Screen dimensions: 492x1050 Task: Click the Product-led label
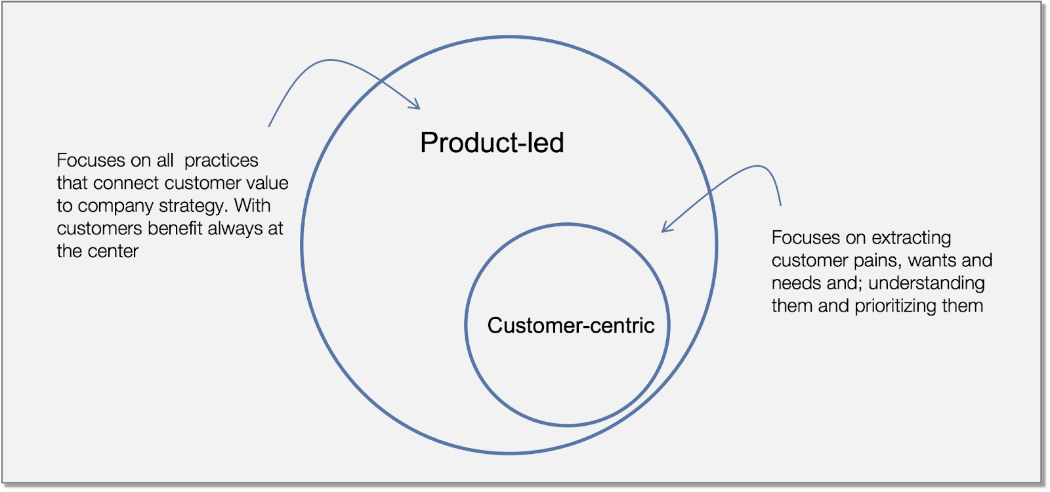[x=492, y=143]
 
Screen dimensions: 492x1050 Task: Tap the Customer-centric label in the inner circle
[x=571, y=325]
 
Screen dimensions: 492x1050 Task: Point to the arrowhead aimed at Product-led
[x=415, y=105]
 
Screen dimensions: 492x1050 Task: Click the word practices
[x=221, y=160]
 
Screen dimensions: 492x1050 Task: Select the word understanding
[x=926, y=283]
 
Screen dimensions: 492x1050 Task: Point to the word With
[x=252, y=206]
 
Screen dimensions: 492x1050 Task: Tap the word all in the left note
[x=165, y=160]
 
